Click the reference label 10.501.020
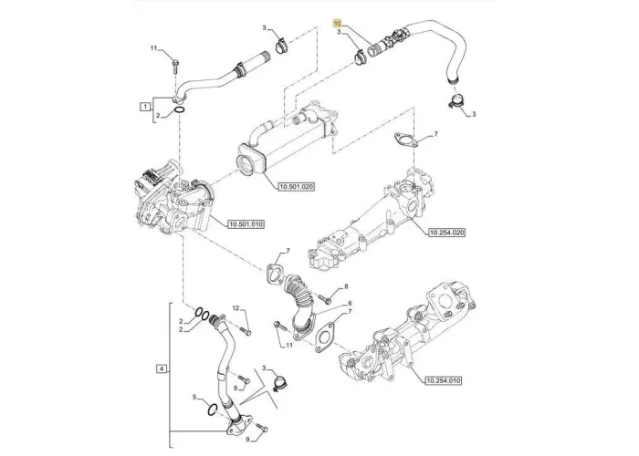click(297, 187)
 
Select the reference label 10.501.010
click(246, 224)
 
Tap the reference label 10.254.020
click(446, 233)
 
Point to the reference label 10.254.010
click(443, 381)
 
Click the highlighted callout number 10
click(337, 23)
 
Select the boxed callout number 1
click(144, 107)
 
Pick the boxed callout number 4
click(162, 369)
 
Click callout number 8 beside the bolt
click(346, 286)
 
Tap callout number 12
click(236, 308)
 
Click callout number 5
click(194, 397)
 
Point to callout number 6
click(350, 304)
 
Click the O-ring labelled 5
click(212, 409)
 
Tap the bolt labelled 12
click(246, 331)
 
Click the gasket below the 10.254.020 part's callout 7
click(404, 140)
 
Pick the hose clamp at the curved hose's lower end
click(456, 101)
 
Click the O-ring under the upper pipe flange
click(179, 110)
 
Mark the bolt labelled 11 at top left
click(175, 66)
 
